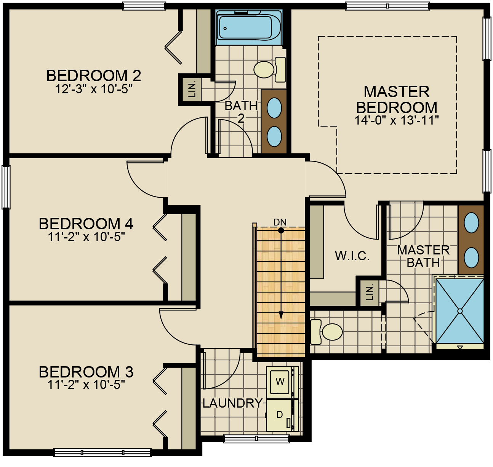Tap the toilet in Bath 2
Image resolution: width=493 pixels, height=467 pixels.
[x=270, y=69]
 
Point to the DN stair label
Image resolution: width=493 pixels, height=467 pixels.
[x=280, y=222]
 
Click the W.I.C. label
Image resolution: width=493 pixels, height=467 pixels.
[x=352, y=256]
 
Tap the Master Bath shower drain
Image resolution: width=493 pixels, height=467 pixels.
[x=459, y=311]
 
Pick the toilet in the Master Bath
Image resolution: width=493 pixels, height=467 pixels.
[x=326, y=332]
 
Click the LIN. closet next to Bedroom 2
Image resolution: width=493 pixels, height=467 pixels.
[x=192, y=90]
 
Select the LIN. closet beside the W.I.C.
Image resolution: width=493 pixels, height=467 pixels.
[x=370, y=293]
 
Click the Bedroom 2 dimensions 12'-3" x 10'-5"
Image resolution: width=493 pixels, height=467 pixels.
[x=94, y=89]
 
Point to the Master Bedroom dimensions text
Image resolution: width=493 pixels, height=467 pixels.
[x=397, y=120]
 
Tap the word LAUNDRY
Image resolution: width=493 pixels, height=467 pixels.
[x=232, y=403]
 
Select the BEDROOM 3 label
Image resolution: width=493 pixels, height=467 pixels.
[x=86, y=372]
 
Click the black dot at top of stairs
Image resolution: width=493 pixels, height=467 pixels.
[x=281, y=230]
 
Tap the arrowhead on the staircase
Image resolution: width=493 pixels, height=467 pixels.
[x=281, y=315]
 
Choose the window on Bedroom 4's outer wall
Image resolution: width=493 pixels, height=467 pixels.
[x=6, y=187]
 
